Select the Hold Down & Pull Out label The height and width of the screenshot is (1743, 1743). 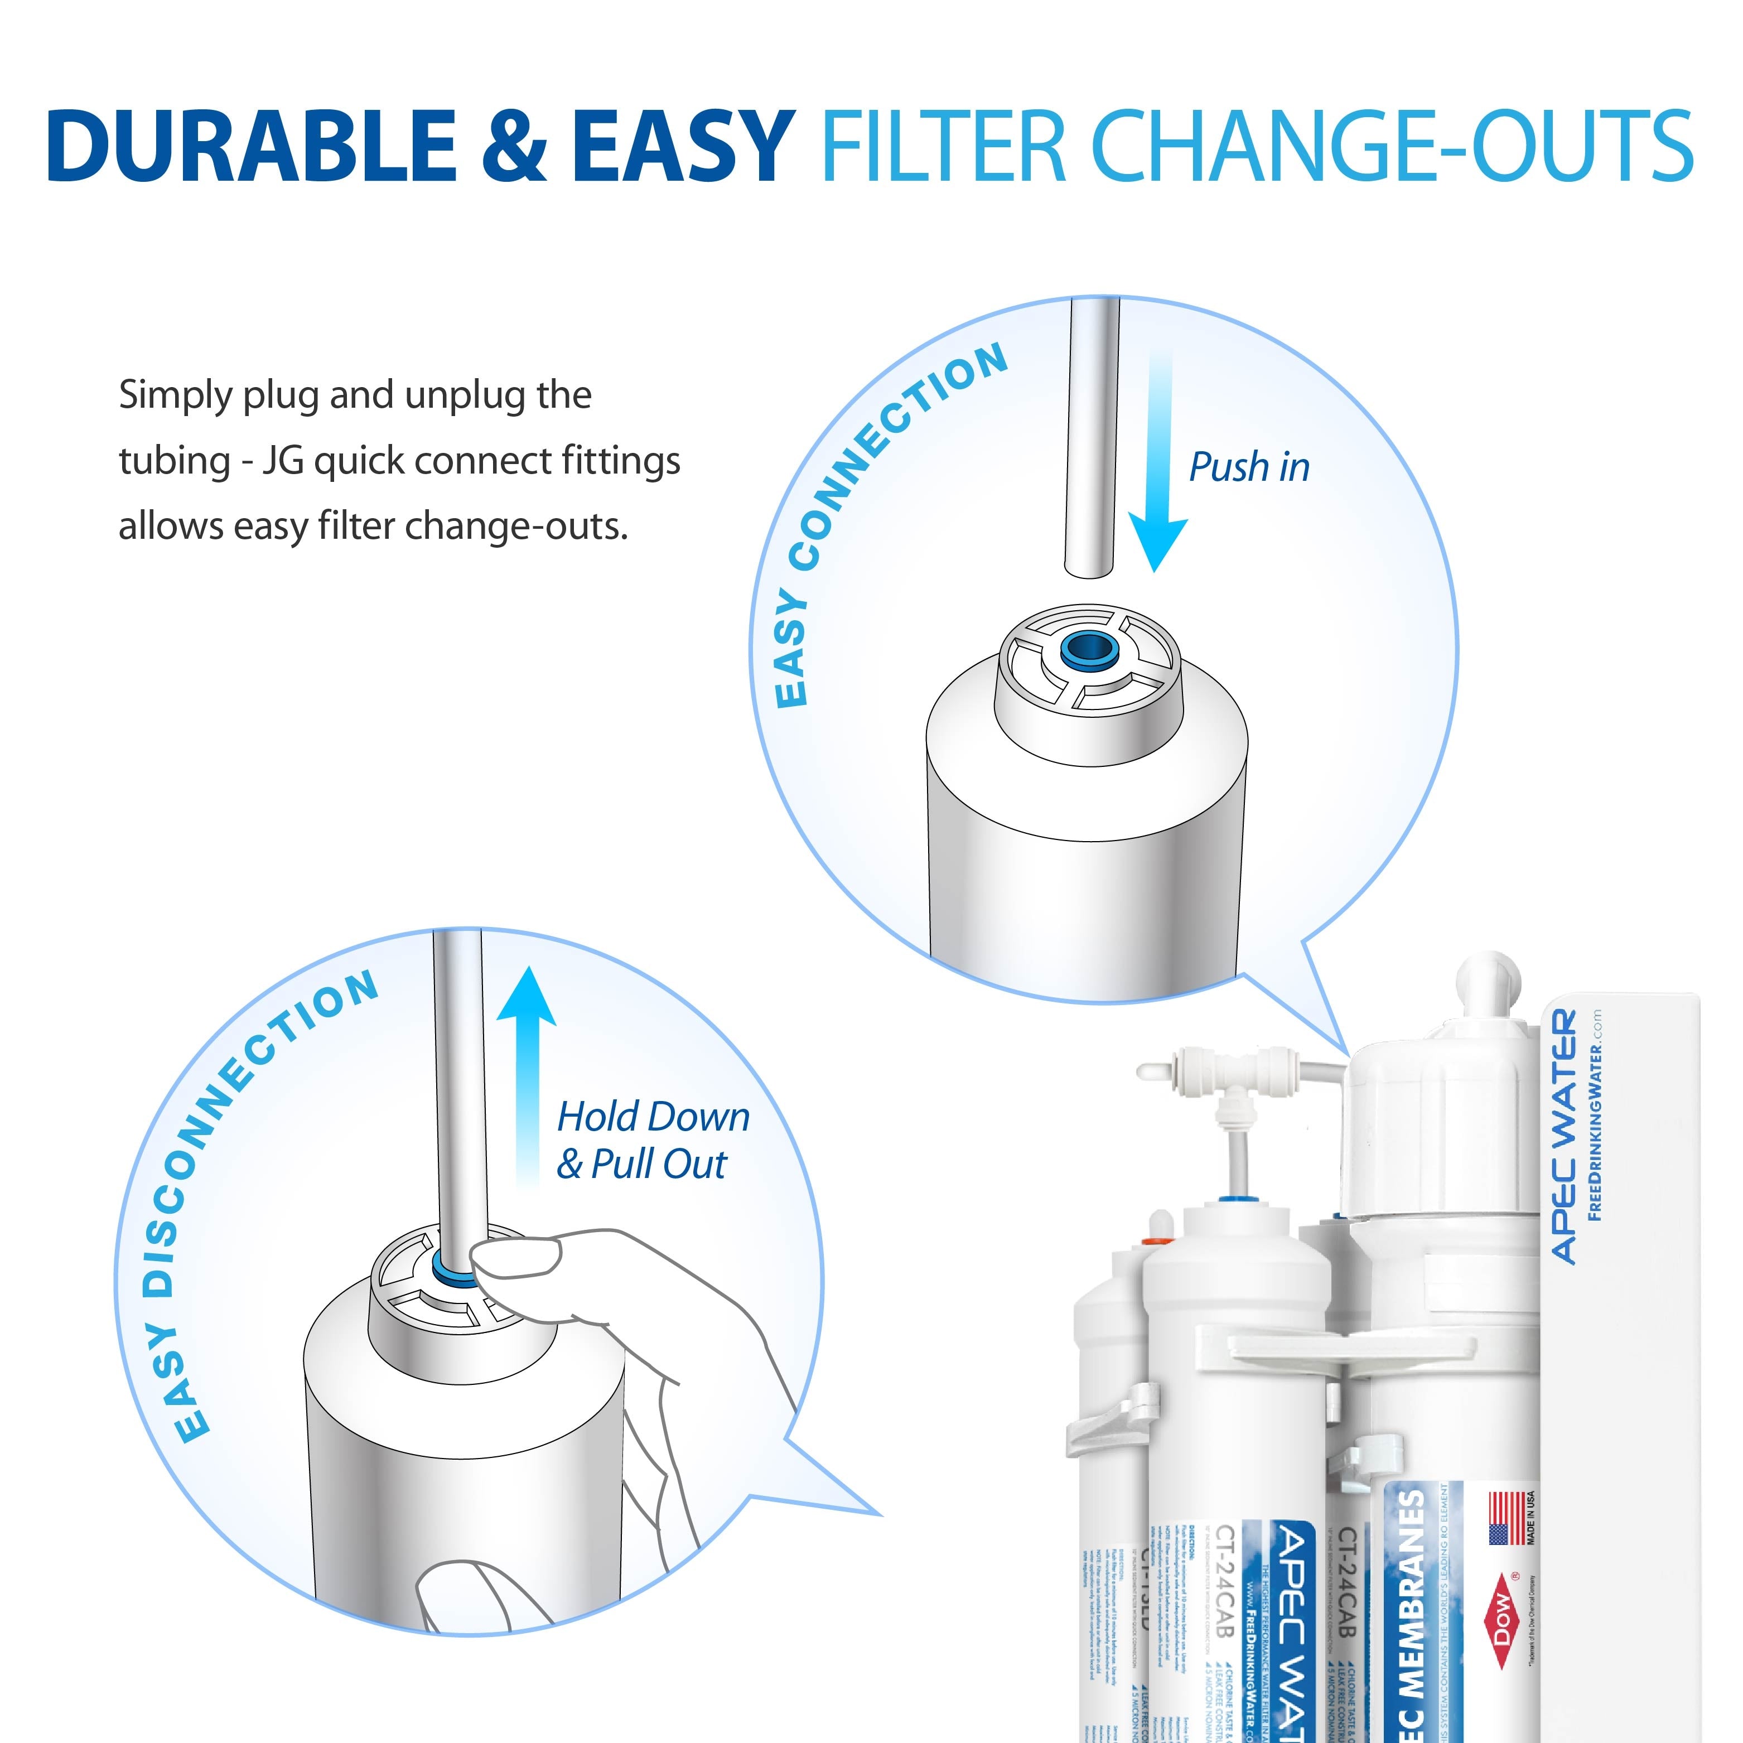coord(651,1140)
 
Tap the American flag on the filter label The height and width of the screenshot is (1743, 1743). coord(1505,1518)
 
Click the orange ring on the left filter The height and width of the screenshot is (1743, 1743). coord(1152,1242)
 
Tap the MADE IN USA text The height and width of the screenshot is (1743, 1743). coord(1531,1518)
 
